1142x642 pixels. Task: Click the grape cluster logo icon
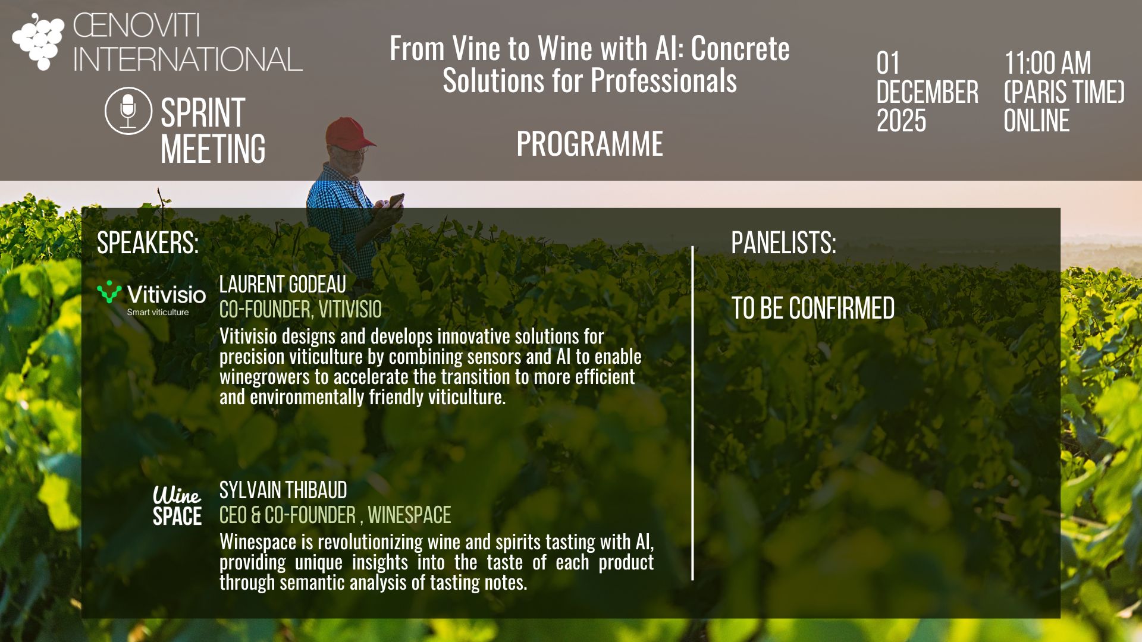click(38, 42)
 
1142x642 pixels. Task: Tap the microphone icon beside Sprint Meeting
click(128, 111)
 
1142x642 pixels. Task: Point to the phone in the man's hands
click(396, 200)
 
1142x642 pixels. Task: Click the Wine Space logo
click(177, 506)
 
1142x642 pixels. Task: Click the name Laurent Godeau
click(283, 284)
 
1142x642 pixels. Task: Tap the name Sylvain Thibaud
click(283, 490)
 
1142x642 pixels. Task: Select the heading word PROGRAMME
click(589, 144)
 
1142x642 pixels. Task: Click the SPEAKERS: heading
click(148, 243)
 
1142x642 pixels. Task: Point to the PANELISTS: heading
click(783, 243)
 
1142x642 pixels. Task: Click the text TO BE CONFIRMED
click(812, 308)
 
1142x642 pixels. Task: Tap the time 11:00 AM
click(1047, 63)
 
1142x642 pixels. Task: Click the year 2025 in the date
click(901, 121)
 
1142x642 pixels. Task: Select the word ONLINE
click(1036, 121)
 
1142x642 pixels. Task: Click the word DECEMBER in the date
click(927, 92)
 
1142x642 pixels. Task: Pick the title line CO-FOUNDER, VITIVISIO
click(300, 309)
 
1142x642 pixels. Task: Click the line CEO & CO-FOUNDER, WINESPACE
click(335, 515)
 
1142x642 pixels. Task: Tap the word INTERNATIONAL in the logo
click(187, 59)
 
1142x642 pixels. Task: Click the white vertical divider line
click(693, 413)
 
